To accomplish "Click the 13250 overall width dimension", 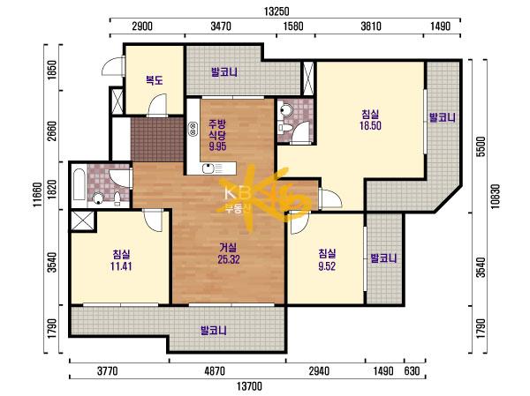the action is (x=276, y=11).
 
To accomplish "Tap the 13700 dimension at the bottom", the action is (x=249, y=386).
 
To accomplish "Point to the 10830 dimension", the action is (x=495, y=196).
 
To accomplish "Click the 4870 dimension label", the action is (x=215, y=371).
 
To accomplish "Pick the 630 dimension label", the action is (x=412, y=371).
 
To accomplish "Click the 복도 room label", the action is (x=154, y=80).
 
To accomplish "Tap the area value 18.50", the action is (x=370, y=125).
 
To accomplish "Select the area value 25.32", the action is (x=229, y=259).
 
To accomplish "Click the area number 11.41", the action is (x=121, y=266).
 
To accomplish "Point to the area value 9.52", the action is (x=327, y=266).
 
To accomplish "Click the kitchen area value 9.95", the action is (x=217, y=146).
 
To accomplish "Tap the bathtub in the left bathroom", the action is (x=79, y=184).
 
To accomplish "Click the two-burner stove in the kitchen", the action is (x=193, y=129).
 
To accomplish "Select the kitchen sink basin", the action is (x=207, y=168).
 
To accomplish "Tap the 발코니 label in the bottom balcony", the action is (x=213, y=330).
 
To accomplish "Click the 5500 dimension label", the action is (x=481, y=146).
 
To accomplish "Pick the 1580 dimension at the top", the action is (x=292, y=26).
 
